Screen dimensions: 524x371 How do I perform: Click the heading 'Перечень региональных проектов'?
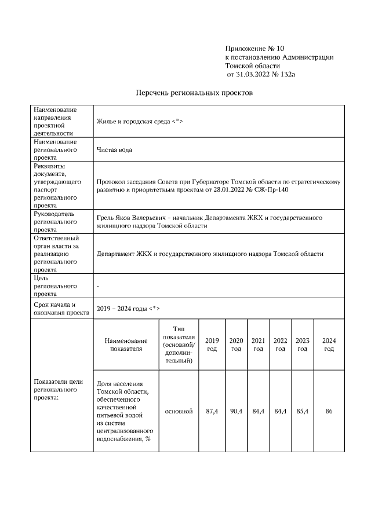(194, 93)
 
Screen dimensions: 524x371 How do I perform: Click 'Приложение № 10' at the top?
(254, 48)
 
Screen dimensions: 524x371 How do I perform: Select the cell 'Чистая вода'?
(114, 149)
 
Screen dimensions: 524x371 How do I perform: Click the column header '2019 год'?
(212, 345)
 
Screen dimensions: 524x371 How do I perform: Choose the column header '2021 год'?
(258, 345)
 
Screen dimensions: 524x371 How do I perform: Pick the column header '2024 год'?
(329, 345)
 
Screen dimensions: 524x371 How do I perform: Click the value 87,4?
(212, 411)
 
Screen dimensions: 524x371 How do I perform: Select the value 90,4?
(236, 411)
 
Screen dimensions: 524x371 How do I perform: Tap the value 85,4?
(302, 411)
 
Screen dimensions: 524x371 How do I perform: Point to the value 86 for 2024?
(329, 411)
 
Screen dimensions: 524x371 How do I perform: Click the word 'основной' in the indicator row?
(179, 411)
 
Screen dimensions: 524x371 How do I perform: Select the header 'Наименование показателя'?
(126, 345)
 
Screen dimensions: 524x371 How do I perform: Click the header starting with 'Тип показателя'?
(179, 345)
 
